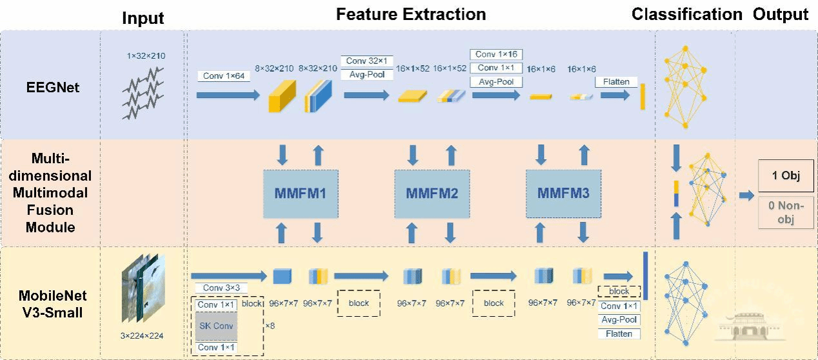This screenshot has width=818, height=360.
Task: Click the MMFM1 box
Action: pyautogui.click(x=301, y=193)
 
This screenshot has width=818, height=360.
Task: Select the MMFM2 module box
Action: pyautogui.click(x=432, y=193)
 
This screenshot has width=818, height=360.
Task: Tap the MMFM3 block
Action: pyautogui.click(x=563, y=193)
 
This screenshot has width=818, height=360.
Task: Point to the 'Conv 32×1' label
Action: pyautogui.click(x=365, y=61)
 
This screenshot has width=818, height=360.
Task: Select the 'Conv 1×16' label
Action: pyautogui.click(x=495, y=54)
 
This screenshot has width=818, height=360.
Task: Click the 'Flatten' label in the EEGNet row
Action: pyautogui.click(x=616, y=82)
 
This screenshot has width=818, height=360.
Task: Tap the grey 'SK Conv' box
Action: pyautogui.click(x=217, y=326)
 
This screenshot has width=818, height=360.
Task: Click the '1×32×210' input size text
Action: pyautogui.click(x=146, y=56)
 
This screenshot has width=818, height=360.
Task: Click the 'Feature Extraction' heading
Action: pyautogui.click(x=411, y=14)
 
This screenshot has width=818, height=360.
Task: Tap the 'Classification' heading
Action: pyautogui.click(x=686, y=14)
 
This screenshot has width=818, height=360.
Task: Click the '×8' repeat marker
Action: pyautogui.click(x=270, y=326)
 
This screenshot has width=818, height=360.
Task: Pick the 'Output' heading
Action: pyautogui.click(x=780, y=14)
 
